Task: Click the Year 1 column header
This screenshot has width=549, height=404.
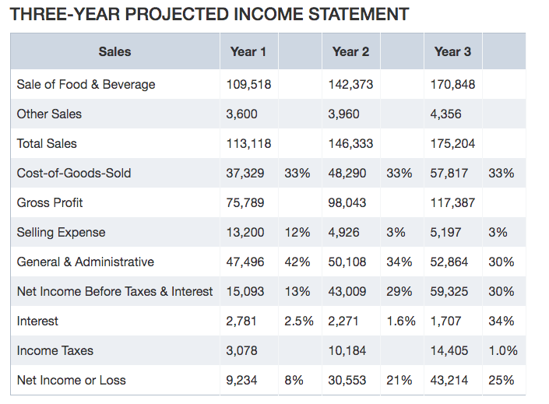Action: coord(248,52)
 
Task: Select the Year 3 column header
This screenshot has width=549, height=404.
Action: coord(452,52)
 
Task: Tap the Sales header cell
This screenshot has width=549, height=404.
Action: coord(114,52)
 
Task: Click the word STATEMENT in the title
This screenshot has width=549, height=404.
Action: coord(358,14)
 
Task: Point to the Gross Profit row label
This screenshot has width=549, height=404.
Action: coord(50,202)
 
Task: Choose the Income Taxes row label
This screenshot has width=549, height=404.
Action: coord(55,351)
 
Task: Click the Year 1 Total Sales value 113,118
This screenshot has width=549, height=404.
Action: coord(248,143)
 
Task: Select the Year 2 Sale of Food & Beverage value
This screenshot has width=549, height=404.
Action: coord(350,84)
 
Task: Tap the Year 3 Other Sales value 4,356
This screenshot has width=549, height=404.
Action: coord(445,114)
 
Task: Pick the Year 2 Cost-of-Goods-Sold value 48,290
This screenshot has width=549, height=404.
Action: coord(347,174)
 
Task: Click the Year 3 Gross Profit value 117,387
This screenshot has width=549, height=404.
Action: coord(452,202)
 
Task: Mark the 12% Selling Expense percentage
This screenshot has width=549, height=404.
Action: coord(297,233)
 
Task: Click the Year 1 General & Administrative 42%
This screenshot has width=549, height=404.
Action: coord(297,262)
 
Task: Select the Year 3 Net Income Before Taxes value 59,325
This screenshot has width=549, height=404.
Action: coord(449,292)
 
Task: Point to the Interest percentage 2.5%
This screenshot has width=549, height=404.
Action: coord(299,321)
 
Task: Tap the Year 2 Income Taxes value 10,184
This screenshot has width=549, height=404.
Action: coord(347,351)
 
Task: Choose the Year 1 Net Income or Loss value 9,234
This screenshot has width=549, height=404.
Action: coord(241,380)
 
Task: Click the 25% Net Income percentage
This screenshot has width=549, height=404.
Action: coord(501,380)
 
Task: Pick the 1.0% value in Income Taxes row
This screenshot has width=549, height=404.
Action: coord(503,351)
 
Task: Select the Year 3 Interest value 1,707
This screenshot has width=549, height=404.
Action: coord(445,321)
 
